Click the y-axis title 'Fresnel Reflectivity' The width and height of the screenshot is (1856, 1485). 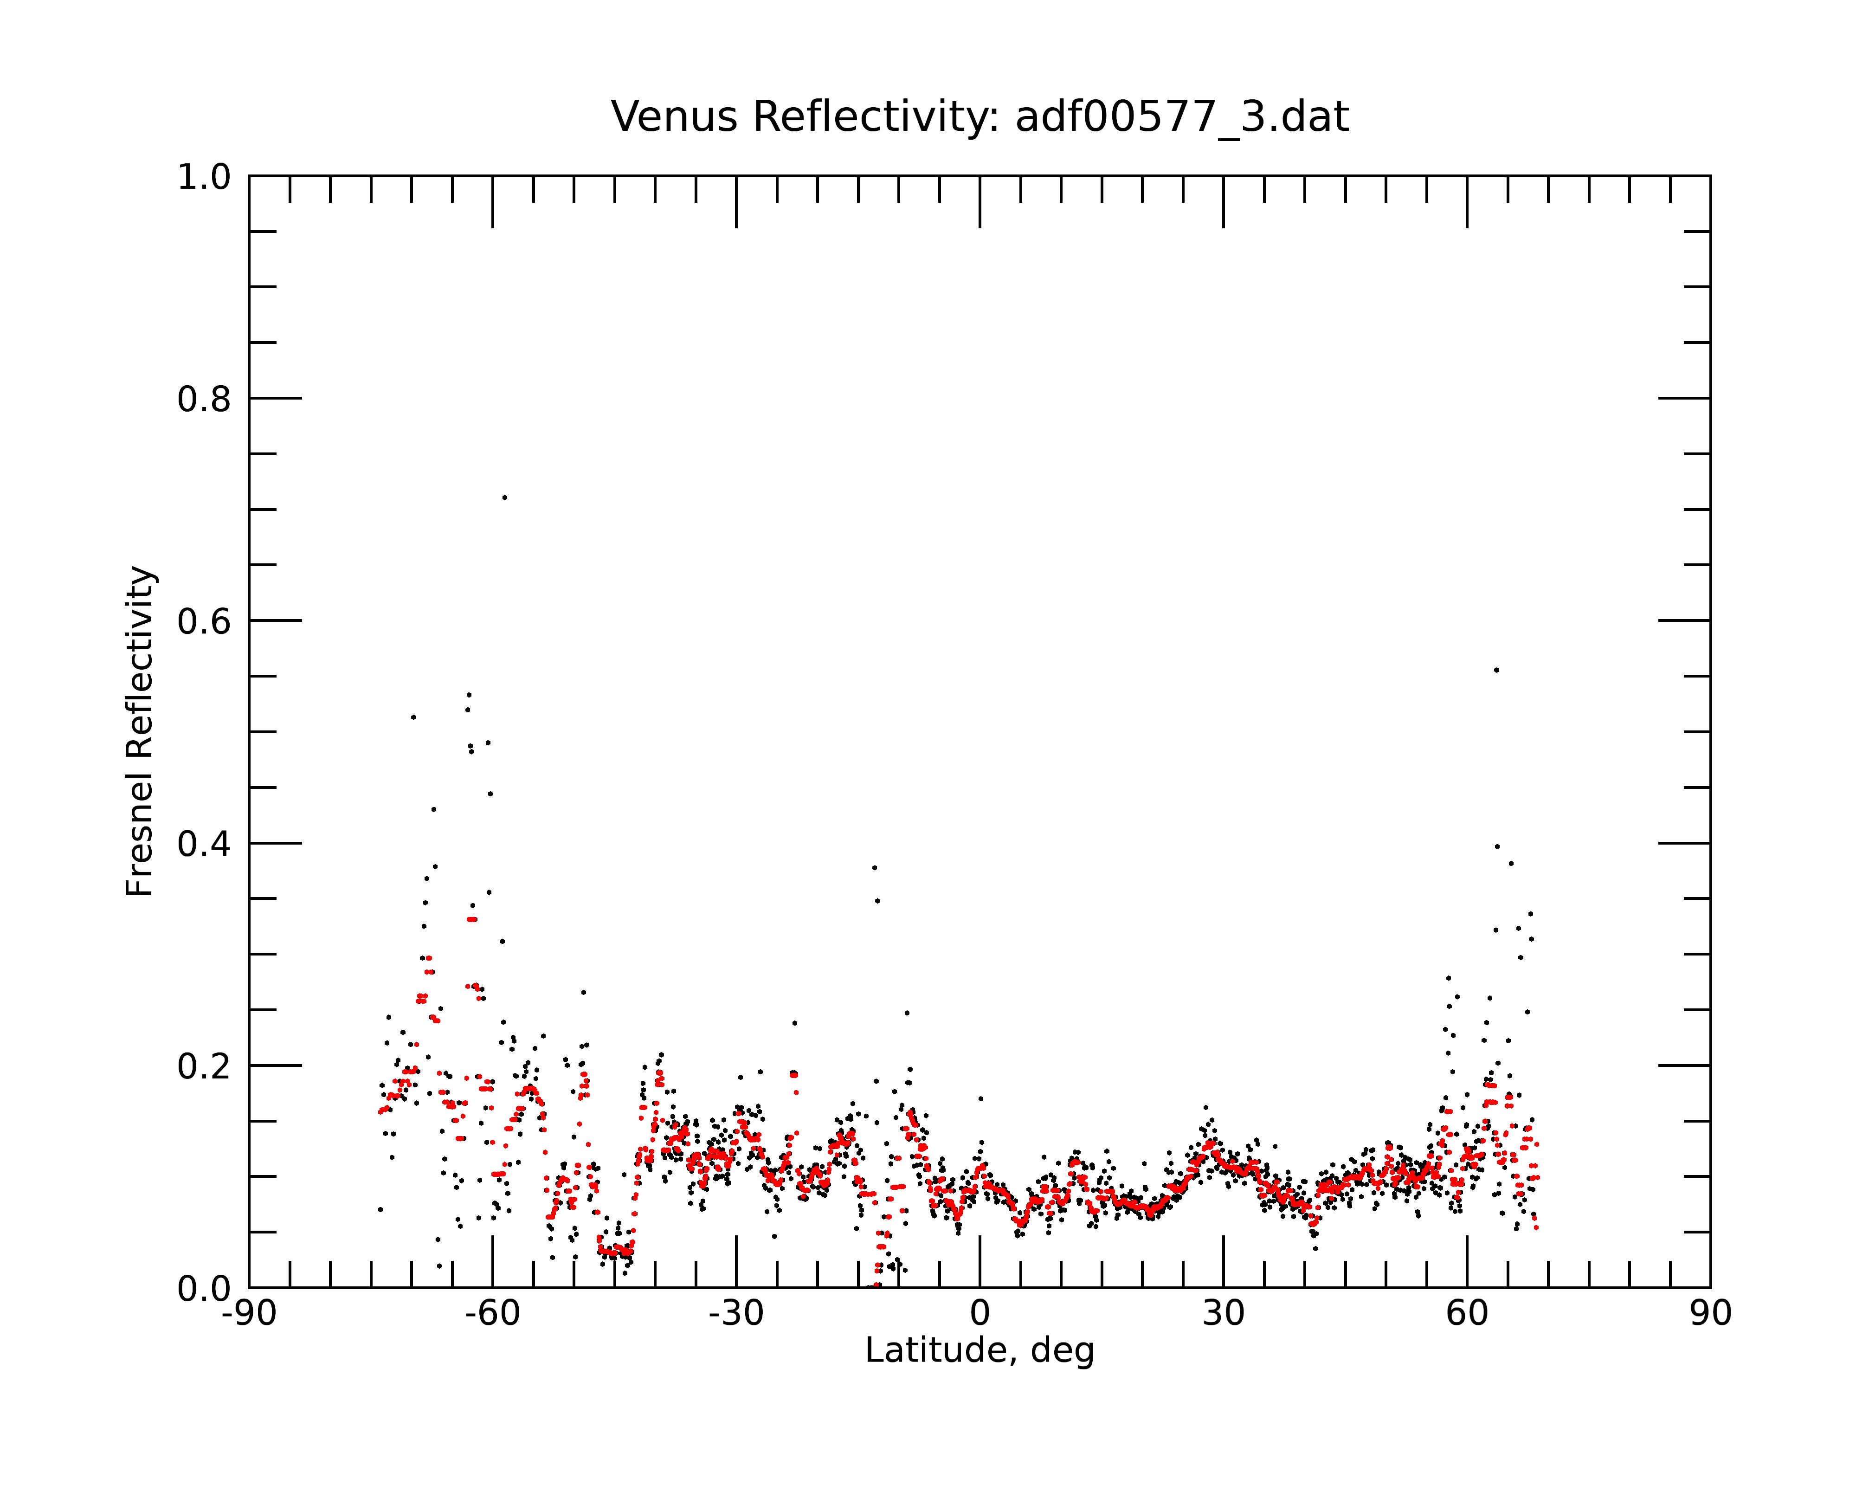[x=140, y=732]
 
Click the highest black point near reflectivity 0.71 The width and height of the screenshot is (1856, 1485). [x=504, y=497]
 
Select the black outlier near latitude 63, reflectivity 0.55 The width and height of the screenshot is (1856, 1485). [x=1496, y=670]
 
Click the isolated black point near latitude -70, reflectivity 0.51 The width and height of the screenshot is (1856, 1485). [x=413, y=717]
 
